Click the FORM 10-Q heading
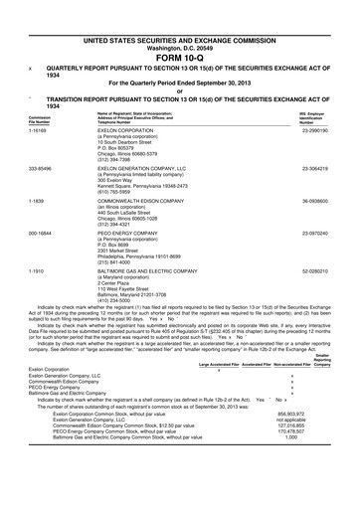click(179, 28)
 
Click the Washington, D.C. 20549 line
click(179, 19)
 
